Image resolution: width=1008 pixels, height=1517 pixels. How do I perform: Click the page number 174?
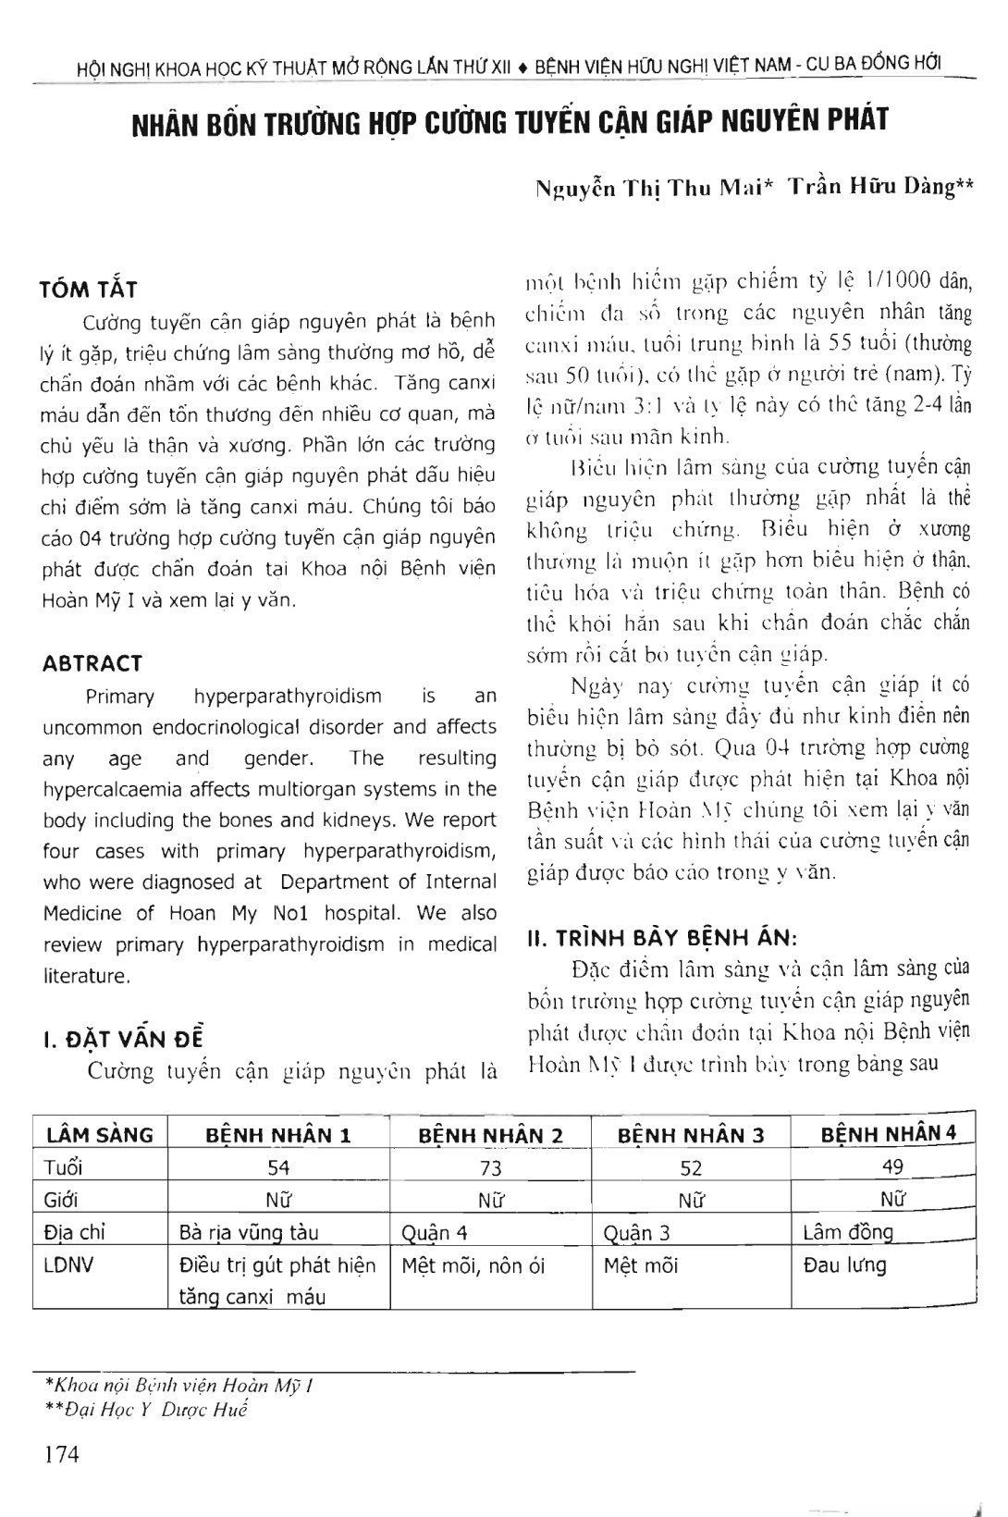coord(62,1454)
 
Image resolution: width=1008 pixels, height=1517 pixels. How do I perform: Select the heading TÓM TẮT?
coord(89,290)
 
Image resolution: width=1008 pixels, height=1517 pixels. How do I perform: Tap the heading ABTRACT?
coord(92,663)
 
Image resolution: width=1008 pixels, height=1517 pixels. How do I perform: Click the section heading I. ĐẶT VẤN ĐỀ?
coord(125,1039)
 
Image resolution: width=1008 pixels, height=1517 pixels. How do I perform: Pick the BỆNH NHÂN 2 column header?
coord(490,1135)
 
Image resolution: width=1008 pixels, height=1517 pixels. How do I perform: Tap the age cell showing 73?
coord(490,1168)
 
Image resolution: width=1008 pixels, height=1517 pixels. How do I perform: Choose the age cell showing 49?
coord(892,1166)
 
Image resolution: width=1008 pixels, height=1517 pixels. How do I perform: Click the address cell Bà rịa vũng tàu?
coord(249,1232)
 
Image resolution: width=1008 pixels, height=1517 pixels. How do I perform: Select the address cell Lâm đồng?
coord(848,1231)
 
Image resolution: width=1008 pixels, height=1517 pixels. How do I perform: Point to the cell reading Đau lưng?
coord(844,1264)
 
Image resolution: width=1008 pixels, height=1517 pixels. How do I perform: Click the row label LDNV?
coord(68,1264)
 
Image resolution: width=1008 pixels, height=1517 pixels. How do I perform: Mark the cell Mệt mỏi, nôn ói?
coord(473,1265)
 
